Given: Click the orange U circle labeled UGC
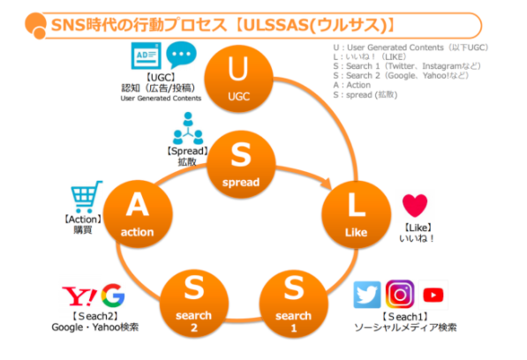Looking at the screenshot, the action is [x=238, y=79].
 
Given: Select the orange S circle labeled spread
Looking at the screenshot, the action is [x=241, y=164].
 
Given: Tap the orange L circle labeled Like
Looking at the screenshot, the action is [x=357, y=214].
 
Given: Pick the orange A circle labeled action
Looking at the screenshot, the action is [x=138, y=214].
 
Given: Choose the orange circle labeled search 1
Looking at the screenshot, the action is [x=294, y=304].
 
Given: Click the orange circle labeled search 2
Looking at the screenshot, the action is [x=194, y=304].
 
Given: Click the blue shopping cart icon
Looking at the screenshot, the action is [x=86, y=197].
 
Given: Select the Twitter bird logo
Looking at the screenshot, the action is [x=367, y=295].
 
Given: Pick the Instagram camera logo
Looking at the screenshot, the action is [x=400, y=295].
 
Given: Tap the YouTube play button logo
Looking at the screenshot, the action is [x=433, y=296].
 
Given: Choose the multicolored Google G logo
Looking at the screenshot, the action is [x=113, y=296].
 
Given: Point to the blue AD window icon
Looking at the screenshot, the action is [x=146, y=56].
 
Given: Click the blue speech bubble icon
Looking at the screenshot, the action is [x=181, y=55].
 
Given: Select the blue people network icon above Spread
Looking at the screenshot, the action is [x=188, y=128].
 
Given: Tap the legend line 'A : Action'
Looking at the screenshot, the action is [x=352, y=85].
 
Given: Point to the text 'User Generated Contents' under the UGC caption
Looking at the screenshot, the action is [x=161, y=99].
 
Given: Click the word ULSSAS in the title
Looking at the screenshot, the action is [x=277, y=26].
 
